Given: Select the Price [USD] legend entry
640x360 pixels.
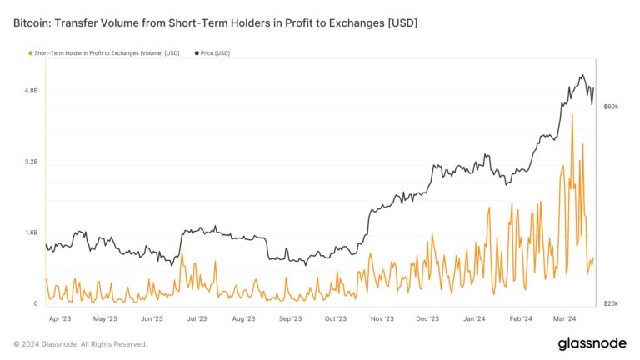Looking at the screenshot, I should [x=215, y=53].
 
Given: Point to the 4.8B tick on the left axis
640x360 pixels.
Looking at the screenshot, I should [x=30, y=90].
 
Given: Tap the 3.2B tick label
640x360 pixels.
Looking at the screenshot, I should [x=30, y=162].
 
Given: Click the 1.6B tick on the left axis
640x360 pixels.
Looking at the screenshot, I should [x=30, y=232].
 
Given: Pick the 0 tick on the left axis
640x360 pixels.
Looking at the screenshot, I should [x=35, y=303].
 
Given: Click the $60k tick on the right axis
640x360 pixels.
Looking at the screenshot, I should [x=610, y=107].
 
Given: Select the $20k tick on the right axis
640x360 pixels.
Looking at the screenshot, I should [x=610, y=303].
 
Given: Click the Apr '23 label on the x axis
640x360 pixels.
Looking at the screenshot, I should [x=59, y=318].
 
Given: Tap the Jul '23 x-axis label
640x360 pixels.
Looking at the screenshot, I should [x=198, y=318].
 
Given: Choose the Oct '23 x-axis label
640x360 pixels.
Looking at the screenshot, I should [x=335, y=318].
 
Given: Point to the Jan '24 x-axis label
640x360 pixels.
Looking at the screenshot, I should [x=473, y=318].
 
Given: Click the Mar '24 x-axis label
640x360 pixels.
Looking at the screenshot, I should [x=565, y=318].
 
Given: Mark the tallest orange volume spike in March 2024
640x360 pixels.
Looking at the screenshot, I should [x=572, y=115].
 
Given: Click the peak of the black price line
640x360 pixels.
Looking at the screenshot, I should [x=582, y=75].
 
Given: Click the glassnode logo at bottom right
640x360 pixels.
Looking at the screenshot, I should [x=592, y=344].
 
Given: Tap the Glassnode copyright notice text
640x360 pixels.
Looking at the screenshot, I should [x=80, y=343].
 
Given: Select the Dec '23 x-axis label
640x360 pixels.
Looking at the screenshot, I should [x=427, y=318].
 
